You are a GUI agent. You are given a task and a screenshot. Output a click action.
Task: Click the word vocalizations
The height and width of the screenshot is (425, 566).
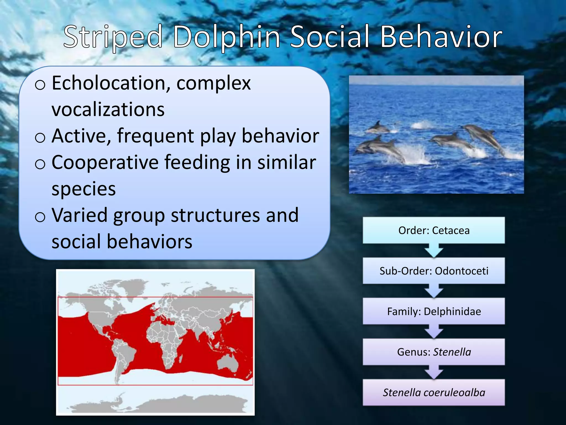(x=108, y=110)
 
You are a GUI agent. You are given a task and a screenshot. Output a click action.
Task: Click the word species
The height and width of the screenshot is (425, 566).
(x=83, y=189)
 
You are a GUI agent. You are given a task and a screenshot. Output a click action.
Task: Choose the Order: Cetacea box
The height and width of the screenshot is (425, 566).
(x=434, y=230)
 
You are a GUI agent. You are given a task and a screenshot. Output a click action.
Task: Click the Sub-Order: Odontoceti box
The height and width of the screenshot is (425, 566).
(x=434, y=271)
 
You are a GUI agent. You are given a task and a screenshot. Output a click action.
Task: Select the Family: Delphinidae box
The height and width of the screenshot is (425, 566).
(x=434, y=311)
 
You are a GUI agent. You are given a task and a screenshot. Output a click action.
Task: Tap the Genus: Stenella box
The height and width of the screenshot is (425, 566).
(x=434, y=352)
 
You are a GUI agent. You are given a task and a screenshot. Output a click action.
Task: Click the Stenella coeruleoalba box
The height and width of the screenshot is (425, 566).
(x=434, y=392)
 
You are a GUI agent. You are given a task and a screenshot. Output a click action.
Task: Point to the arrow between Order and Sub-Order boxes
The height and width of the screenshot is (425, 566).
(x=434, y=251)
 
